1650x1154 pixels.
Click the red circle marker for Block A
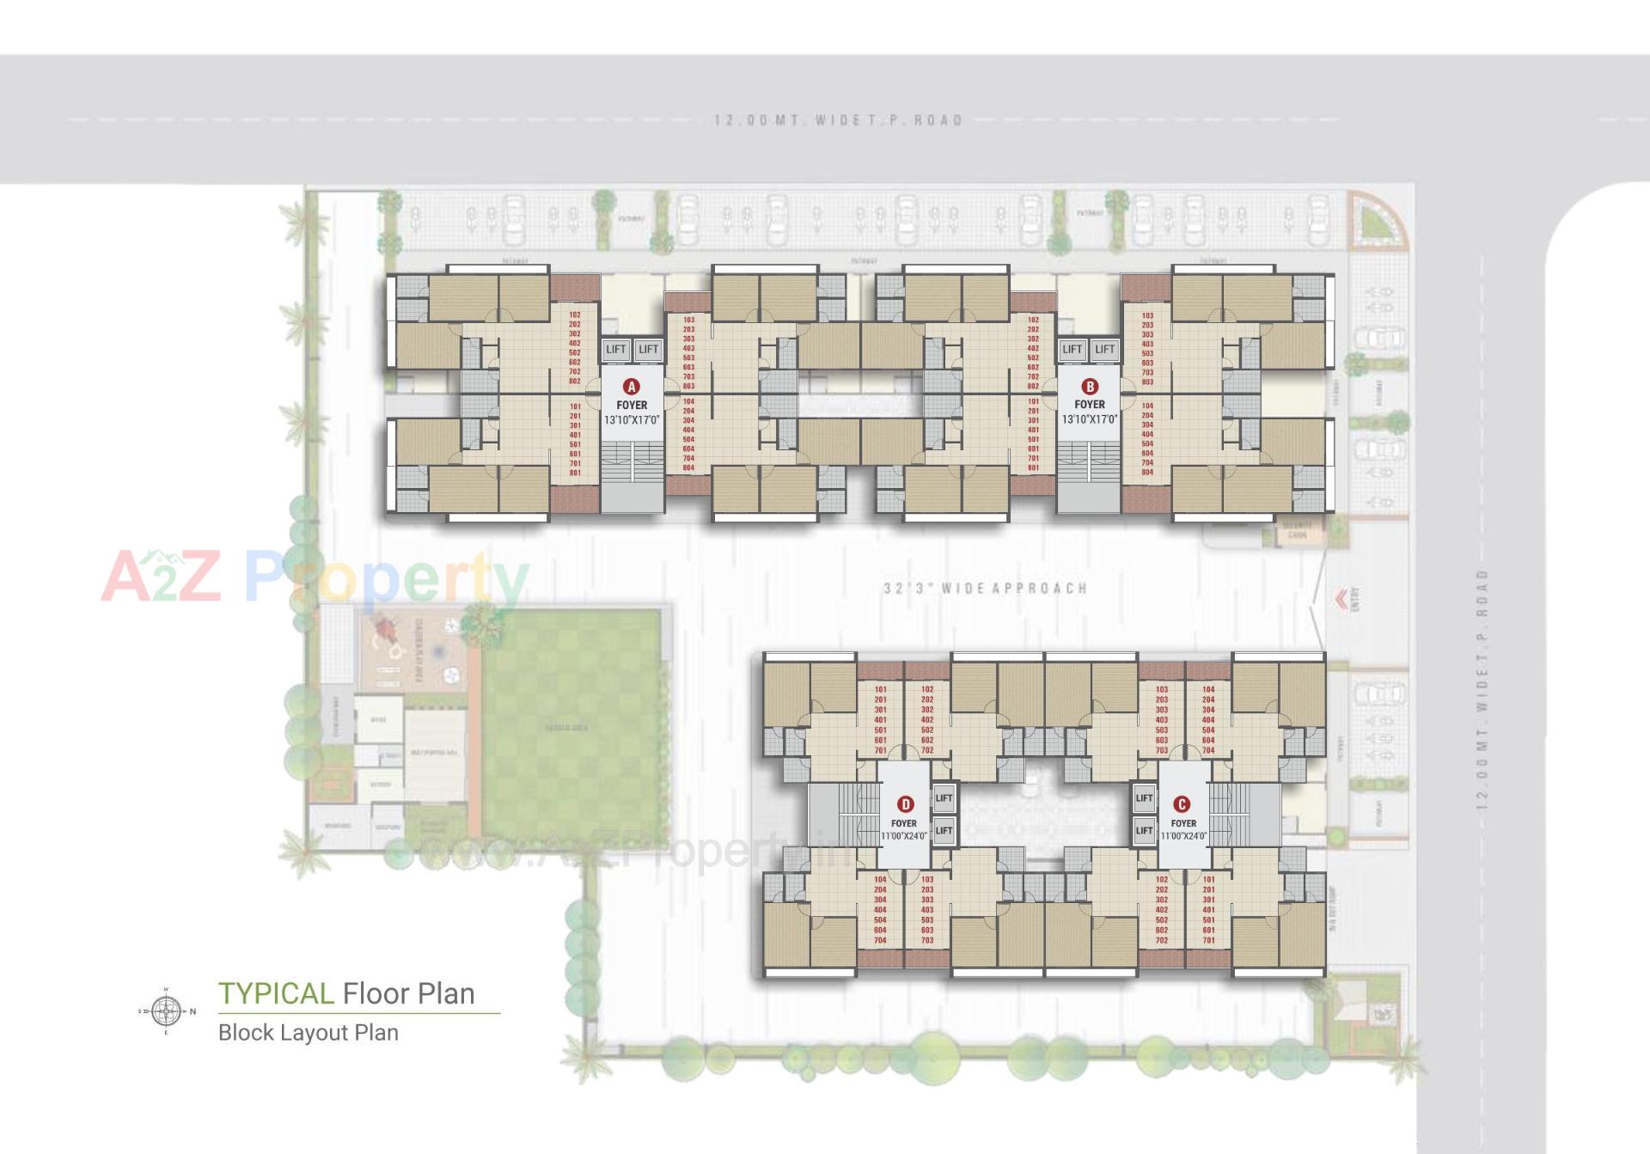pyautogui.click(x=632, y=387)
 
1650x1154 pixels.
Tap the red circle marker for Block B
pyautogui.click(x=1090, y=387)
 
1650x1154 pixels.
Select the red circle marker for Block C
pyautogui.click(x=1182, y=804)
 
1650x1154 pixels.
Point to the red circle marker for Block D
pyautogui.click(x=905, y=804)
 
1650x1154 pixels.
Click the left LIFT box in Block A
pyautogui.click(x=616, y=349)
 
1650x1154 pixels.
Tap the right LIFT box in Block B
pyautogui.click(x=1105, y=349)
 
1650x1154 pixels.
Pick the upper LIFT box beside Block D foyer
pyautogui.click(x=944, y=797)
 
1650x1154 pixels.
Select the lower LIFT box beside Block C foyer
pyautogui.click(x=1144, y=830)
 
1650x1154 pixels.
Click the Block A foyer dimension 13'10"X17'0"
pyautogui.click(x=632, y=420)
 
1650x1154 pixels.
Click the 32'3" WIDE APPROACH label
pyautogui.click(x=985, y=589)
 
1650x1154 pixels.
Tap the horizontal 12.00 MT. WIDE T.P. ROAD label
pyautogui.click(x=838, y=120)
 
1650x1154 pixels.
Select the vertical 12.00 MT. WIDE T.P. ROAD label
pyautogui.click(x=1481, y=687)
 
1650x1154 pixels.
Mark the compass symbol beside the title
pyautogui.click(x=167, y=1011)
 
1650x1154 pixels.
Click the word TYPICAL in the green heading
pyautogui.click(x=276, y=993)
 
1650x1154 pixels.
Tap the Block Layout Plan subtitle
pyautogui.click(x=309, y=1032)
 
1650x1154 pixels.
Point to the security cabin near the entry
pyautogui.click(x=1297, y=530)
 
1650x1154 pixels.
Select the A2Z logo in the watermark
pyautogui.click(x=162, y=577)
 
